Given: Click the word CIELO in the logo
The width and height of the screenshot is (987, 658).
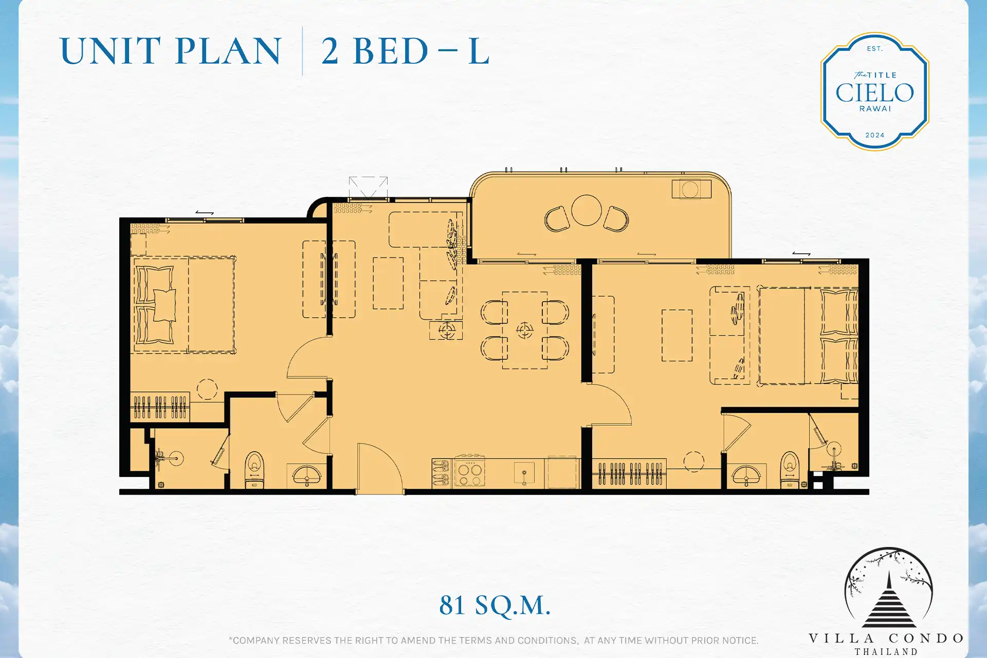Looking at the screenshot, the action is (874, 93).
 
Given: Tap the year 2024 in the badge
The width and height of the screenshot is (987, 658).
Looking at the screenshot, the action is (874, 135).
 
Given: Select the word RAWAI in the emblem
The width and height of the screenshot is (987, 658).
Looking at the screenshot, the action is (875, 108).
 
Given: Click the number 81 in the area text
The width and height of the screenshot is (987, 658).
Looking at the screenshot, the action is (452, 605).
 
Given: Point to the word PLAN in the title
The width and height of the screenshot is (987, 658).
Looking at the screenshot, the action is (229, 51).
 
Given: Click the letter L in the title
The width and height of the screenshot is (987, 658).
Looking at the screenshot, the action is (479, 51).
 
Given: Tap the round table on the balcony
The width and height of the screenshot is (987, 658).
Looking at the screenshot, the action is (587, 210).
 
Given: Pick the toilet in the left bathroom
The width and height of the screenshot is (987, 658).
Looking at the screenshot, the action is (254, 469).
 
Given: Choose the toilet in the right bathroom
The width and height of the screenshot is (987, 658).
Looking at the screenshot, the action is (790, 469).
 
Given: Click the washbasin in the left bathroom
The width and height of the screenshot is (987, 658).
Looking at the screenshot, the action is (307, 475).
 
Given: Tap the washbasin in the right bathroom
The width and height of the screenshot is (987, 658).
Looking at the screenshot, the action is (746, 476).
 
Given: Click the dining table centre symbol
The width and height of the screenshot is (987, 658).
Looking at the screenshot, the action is (525, 330).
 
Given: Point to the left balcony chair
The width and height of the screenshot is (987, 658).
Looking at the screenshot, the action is (557, 219).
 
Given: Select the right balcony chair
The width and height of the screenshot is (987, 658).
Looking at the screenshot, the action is (616, 219).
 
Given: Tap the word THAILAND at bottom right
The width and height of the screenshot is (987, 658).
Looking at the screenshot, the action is (886, 652).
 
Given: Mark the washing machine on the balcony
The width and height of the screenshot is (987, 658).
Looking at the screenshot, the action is (691, 189).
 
